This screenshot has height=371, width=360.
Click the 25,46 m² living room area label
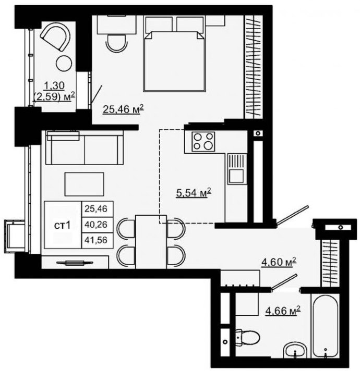tap(123, 109)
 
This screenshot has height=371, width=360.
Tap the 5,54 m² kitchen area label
tap(194, 193)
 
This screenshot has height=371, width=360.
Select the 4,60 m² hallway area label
tap(279, 262)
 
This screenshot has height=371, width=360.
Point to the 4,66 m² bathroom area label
tap(283, 310)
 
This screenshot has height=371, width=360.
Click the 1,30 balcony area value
tap(54, 85)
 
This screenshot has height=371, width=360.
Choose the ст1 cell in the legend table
tap(63, 226)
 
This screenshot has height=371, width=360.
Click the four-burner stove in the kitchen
tap(203, 142)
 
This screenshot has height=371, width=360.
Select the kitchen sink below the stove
tap(236, 169)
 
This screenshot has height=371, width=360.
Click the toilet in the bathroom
tap(247, 337)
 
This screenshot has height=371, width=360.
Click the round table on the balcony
tap(64, 64)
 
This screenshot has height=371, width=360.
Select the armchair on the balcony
tap(56, 38)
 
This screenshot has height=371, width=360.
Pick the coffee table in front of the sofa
tap(85, 184)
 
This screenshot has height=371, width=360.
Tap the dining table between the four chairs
tap(151, 242)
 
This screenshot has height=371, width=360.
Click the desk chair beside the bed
tap(116, 43)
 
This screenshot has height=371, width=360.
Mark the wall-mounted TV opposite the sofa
tap(75, 263)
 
